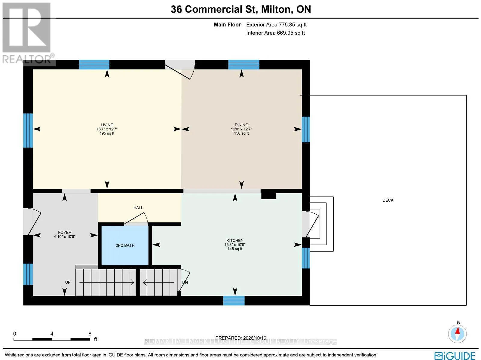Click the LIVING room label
tap(107, 125)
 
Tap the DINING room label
tap(241, 125)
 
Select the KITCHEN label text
tap(235, 240)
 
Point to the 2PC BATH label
tap(125, 246)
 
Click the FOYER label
tap(65, 232)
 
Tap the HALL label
tap(138, 208)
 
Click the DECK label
tap(388, 200)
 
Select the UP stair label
tap(68, 282)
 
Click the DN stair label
tap(185, 282)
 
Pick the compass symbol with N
tap(457, 334)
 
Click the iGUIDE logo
tap(455, 355)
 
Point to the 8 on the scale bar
tap(90, 334)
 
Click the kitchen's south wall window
tap(234, 301)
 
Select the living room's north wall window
tap(94, 65)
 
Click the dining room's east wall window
tap(306, 130)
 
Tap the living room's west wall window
tap(28, 130)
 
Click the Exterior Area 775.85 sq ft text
tap(276, 25)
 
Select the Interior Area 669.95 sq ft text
tap(275, 33)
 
